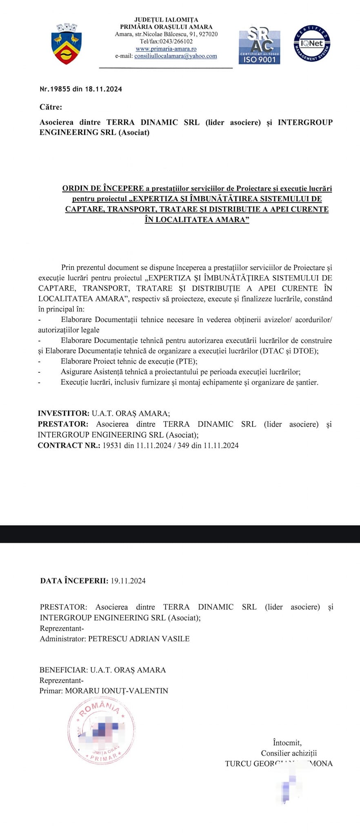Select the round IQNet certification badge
tap(312, 44)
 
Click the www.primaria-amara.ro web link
tap(166, 49)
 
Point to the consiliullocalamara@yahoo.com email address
tap(176, 56)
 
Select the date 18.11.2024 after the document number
tap(103, 89)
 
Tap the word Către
tap(51, 107)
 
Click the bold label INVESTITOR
tap(63, 414)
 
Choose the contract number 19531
tap(112, 445)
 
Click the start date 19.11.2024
tap(128, 581)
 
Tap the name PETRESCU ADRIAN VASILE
tap(139, 639)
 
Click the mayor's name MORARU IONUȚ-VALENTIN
tap(116, 691)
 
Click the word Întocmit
tap(287, 743)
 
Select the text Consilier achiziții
tap(289, 753)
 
